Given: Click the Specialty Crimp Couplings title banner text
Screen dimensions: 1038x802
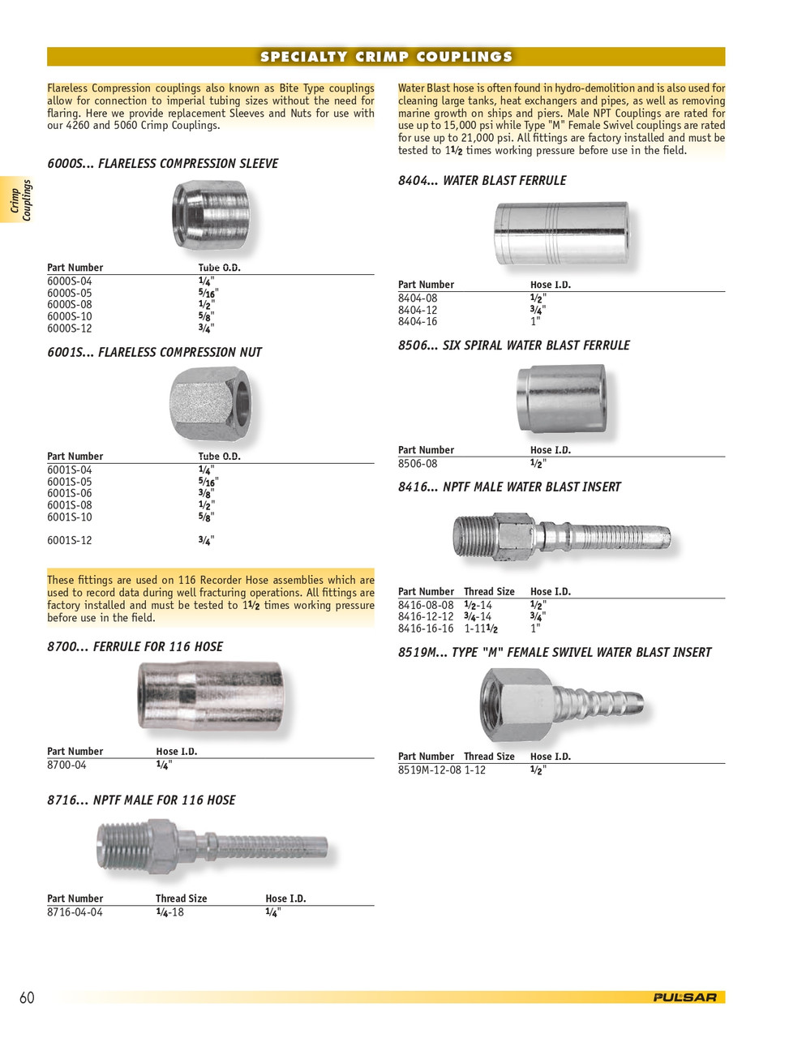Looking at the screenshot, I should tap(386, 57).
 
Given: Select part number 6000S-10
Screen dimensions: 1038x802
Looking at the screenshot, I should tap(70, 317).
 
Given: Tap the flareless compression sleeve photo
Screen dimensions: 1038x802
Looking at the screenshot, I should tap(211, 216).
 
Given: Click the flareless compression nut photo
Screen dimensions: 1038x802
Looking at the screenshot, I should tap(211, 404).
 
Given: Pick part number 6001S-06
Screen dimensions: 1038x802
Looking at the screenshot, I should tap(70, 494).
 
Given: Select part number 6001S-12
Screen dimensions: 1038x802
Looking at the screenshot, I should tap(70, 541).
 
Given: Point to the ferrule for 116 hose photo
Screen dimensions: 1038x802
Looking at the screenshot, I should tap(211, 696).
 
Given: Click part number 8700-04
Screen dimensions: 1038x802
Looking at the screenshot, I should tap(66, 766).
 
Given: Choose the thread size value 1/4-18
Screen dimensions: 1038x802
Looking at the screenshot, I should tap(169, 912).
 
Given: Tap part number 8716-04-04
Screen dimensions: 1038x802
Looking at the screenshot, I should tap(75, 912).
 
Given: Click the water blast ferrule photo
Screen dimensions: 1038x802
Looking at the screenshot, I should tap(561, 234).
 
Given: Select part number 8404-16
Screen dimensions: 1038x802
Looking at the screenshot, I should tap(418, 322).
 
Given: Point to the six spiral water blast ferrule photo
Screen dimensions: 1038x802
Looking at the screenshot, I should tap(561, 399).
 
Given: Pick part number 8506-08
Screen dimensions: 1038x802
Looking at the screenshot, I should tap(418, 464).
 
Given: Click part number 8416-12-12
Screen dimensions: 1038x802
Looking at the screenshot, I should tap(426, 617).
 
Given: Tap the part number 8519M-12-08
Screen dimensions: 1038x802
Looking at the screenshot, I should tap(429, 770).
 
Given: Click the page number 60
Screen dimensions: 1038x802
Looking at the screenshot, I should tap(27, 998).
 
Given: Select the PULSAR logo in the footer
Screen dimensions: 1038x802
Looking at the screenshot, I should tap(685, 997).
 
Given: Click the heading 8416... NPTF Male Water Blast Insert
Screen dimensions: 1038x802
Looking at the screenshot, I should tap(509, 487).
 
